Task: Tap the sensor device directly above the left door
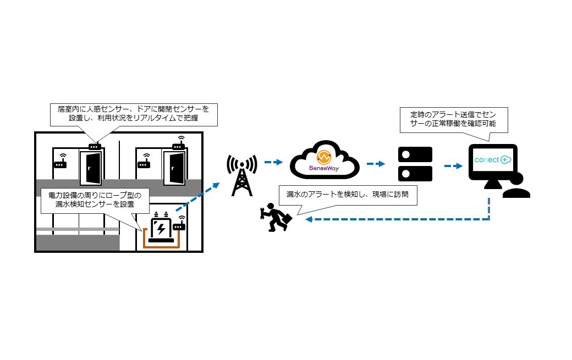click(94, 146)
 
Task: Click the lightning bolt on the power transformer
click(160, 228)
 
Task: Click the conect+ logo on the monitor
click(492, 160)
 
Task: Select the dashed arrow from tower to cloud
click(273, 162)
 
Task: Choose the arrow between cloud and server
click(376, 163)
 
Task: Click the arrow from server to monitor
click(453, 164)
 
